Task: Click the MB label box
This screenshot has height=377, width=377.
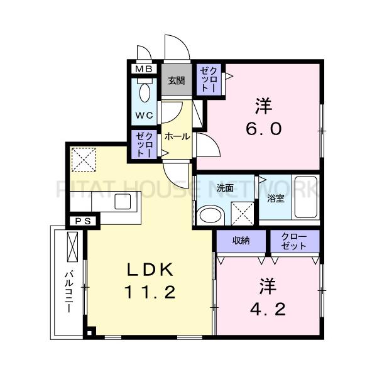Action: (144, 69)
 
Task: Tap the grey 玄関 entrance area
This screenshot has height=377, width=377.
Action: (177, 80)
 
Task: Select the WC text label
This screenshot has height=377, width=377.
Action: (144, 116)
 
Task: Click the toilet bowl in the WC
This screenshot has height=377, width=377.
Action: (145, 92)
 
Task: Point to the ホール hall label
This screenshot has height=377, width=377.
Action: (177, 136)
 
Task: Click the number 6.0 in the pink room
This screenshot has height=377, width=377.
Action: (264, 129)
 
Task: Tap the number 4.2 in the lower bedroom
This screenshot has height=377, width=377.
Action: (268, 310)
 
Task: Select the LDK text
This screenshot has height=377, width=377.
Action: (150, 270)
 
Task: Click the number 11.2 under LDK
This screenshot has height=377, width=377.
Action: (150, 292)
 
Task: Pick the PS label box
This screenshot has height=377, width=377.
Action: (83, 221)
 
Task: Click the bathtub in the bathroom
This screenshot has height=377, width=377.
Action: (306, 197)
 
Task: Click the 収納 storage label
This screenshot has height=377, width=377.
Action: (241, 241)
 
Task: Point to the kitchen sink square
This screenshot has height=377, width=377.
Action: (123, 202)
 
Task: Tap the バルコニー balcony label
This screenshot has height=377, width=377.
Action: (70, 292)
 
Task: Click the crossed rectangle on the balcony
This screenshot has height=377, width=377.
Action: (72, 247)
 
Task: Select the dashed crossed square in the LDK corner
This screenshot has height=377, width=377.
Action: (84, 160)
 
